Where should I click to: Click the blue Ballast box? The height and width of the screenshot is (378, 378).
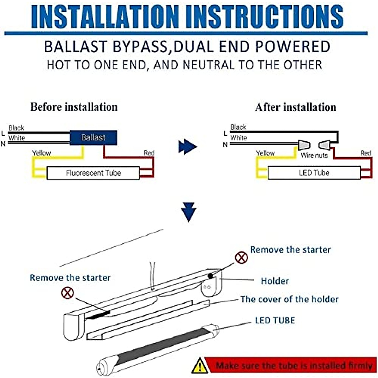[x=93, y=138]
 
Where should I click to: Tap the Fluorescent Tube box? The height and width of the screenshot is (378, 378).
[x=93, y=173]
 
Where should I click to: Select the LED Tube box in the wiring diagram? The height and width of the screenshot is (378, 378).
[x=314, y=173]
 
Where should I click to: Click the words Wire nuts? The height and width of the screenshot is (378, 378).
[x=314, y=155]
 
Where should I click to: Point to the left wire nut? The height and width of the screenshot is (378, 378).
[x=304, y=145]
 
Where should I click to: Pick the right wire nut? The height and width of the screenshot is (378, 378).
[x=324, y=145]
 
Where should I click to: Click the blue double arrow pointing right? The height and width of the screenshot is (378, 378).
[x=187, y=147]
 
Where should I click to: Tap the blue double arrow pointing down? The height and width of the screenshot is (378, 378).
[x=189, y=213]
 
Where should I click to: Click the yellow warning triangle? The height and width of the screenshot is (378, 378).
[x=199, y=366]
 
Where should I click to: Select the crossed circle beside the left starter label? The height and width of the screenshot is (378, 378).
[x=67, y=293]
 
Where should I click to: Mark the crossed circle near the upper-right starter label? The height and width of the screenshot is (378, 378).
[x=242, y=258]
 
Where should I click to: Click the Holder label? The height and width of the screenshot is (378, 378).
[x=275, y=281]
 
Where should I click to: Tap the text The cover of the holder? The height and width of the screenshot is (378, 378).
[x=289, y=299]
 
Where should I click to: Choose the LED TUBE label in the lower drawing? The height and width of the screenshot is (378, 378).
[x=275, y=320]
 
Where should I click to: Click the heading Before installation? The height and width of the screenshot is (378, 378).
[x=74, y=107]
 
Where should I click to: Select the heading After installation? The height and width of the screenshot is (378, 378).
[x=295, y=107]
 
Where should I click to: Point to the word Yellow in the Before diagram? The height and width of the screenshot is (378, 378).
[x=41, y=153]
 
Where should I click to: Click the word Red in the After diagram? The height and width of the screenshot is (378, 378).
[x=366, y=153]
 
